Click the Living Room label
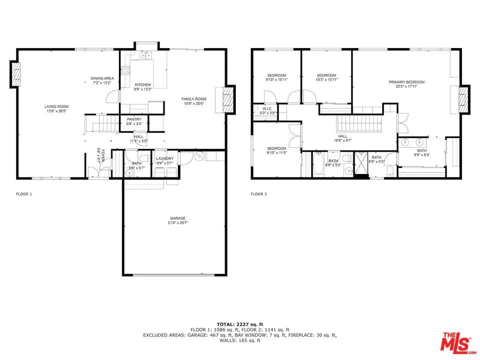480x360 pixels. coord(56,106)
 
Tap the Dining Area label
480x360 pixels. coord(102,78)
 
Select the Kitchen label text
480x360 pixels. coord(142,85)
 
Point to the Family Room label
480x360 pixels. coord(193,99)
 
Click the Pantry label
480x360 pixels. coord(134,119)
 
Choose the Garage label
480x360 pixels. coord(177,218)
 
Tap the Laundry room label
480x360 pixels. coord(164,158)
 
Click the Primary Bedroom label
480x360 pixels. coord(406,82)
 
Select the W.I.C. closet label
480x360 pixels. coord(267,108)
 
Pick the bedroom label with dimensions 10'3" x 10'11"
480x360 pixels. coord(326,75)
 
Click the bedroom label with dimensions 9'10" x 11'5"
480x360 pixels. coord(276,148)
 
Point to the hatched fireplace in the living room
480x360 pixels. coord(17,74)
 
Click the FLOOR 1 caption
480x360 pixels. coord(24,194)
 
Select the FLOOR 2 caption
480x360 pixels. coord(258,194)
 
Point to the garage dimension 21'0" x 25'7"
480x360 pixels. coord(177,223)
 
